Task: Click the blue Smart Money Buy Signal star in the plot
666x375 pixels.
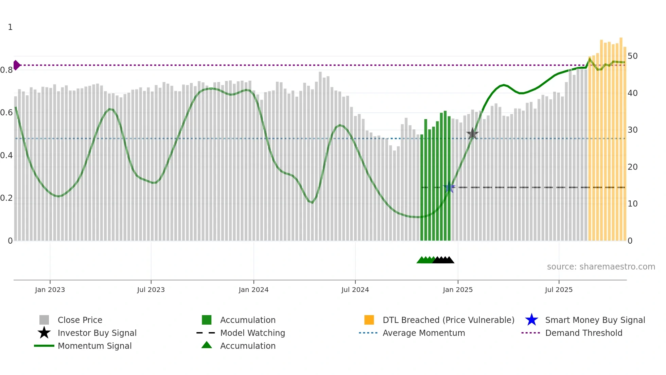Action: point(449,187)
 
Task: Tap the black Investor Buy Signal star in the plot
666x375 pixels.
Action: point(472,134)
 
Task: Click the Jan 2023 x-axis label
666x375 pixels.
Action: point(50,290)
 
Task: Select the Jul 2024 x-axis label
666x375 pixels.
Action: point(355,290)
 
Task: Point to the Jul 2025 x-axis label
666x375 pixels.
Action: point(559,290)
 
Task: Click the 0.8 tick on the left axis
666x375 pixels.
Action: point(6,70)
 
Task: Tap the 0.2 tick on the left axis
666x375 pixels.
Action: point(6,198)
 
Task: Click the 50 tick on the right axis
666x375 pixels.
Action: point(632,56)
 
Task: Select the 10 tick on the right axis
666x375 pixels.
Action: point(632,204)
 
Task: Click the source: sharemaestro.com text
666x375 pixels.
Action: point(601,267)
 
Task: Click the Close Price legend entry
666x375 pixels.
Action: point(80,320)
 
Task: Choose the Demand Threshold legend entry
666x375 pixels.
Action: point(583,333)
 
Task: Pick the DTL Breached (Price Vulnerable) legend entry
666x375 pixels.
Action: point(448,320)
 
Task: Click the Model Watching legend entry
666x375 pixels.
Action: point(252,333)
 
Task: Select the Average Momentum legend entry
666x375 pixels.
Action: point(424,333)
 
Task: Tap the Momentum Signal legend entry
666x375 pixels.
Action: point(94,346)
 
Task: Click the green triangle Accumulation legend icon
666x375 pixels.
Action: point(207,345)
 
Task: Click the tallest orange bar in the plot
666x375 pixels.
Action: point(621,136)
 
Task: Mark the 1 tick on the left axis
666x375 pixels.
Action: point(10,27)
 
